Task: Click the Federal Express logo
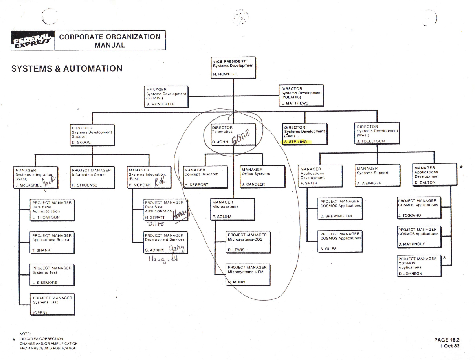click(33, 40)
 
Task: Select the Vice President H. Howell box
click(233, 68)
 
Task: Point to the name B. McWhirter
click(160, 104)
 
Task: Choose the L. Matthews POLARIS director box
click(301, 95)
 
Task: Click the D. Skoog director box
click(92, 134)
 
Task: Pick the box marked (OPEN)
click(52, 305)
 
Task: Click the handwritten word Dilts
click(155, 224)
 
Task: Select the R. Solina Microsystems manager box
click(233, 209)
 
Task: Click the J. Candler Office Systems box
click(262, 176)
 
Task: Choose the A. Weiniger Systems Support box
click(377, 175)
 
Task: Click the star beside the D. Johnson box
click(445, 257)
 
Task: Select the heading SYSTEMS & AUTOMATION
click(67, 68)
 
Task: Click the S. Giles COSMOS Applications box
click(339, 241)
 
